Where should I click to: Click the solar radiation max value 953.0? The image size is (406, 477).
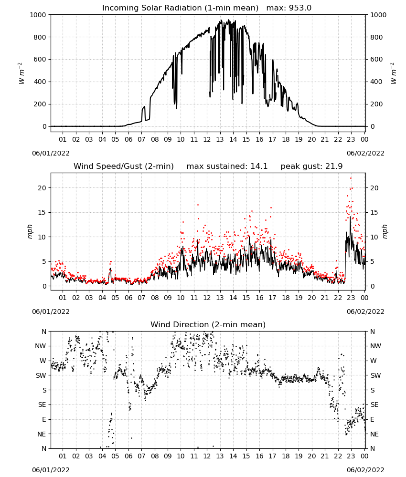coord(300,8)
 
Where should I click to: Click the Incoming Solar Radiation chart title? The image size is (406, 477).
coord(180,8)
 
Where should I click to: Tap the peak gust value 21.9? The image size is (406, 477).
coord(334,166)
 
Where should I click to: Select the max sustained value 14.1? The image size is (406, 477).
coord(259,166)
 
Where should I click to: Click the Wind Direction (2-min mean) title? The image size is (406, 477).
coord(208,324)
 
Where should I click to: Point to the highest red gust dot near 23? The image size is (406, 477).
coord(351,178)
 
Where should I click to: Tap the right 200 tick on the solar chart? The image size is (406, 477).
coord(376,104)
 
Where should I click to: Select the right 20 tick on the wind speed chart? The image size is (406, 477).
coord(374,188)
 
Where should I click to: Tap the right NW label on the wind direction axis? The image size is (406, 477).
coord(375,346)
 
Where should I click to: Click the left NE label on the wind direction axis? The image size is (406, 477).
coord(42,434)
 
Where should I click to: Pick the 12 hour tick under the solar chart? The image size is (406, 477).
coord(207,139)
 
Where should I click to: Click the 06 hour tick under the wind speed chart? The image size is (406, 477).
coord(128,298)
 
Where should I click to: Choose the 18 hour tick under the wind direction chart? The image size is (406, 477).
coord(285,456)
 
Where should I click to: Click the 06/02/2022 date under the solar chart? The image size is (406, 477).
coord(365,153)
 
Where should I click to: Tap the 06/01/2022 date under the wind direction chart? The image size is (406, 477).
coord(51,470)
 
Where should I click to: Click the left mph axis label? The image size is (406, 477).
coord(30,231)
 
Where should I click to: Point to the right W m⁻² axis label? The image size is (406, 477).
coord(393,73)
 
